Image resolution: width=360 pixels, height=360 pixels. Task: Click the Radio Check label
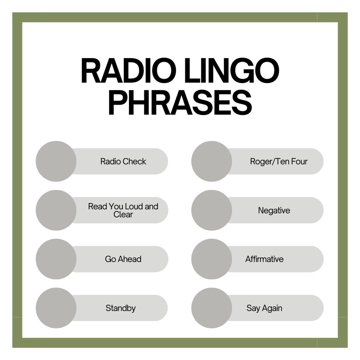pos(123,161)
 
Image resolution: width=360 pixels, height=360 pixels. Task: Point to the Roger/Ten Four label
pos(278,161)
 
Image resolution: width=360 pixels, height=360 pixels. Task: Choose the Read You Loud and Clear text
pos(123,210)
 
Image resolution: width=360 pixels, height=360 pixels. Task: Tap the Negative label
pos(274,210)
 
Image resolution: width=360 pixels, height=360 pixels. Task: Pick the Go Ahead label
pos(123,259)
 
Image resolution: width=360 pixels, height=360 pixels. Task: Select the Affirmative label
pos(264,259)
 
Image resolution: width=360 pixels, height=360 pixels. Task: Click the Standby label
pos(121,308)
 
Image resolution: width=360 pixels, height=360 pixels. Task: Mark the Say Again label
pos(264,308)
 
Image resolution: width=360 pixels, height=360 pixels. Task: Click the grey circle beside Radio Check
pos(56,161)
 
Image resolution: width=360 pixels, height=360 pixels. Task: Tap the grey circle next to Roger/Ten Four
pos(212,161)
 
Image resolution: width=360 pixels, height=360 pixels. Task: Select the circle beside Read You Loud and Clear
pos(56,210)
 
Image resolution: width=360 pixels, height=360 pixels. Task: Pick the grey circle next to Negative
pos(212,210)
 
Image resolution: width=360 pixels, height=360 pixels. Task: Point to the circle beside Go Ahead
pos(56,259)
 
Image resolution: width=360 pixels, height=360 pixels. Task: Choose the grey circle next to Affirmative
pos(212,259)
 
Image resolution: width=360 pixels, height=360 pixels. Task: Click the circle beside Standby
pos(56,308)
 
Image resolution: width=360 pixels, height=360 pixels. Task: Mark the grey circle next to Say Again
pos(212,308)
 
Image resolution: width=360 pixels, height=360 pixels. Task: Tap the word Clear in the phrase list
pos(123,214)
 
